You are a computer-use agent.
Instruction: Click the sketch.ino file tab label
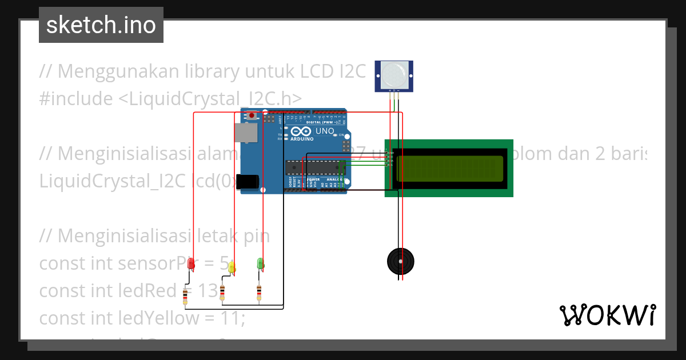101,25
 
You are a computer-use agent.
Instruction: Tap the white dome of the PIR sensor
394,74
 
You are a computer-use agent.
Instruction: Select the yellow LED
232,267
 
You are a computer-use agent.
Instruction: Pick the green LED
260,263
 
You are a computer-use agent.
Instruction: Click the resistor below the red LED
185,297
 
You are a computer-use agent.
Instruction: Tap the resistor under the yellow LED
222,293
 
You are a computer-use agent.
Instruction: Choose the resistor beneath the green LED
260,293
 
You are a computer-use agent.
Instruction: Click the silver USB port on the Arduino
246,133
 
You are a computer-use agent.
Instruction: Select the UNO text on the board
325,131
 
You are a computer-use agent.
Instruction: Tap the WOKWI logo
607,315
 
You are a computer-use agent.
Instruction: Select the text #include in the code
76,99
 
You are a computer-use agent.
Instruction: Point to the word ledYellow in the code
166,318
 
